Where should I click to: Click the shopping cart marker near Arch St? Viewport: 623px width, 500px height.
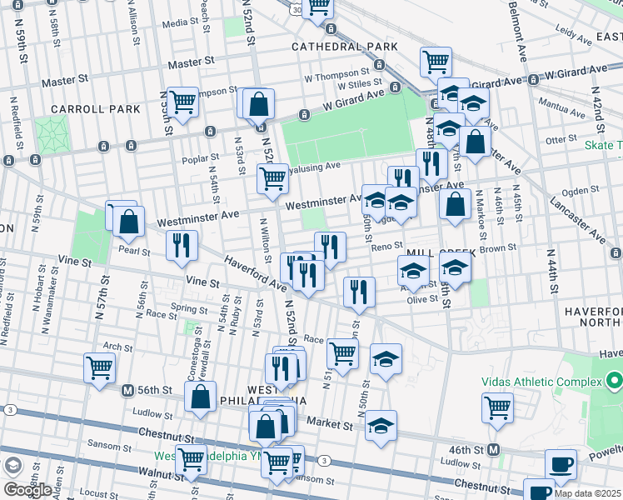99,366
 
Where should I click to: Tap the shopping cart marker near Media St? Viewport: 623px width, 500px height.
317,7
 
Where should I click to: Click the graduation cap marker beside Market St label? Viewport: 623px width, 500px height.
381,425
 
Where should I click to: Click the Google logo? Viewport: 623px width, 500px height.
27,490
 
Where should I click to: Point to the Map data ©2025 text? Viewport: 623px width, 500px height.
586,492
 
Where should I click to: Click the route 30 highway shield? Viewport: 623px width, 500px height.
297,10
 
